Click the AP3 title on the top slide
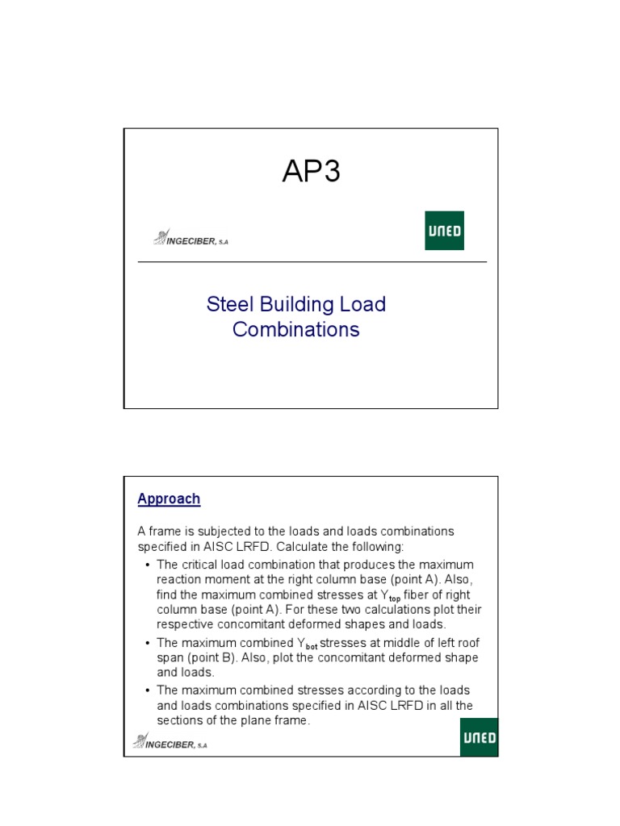pyautogui.click(x=311, y=172)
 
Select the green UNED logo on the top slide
pyautogui.click(x=444, y=231)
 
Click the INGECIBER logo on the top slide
pyautogui.click(x=191, y=239)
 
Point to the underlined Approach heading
pyautogui.click(x=169, y=499)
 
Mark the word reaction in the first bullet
pyautogui.click(x=179, y=578)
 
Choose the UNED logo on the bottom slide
pyautogui.click(x=479, y=738)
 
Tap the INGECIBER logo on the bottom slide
pyautogui.click(x=170, y=742)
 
